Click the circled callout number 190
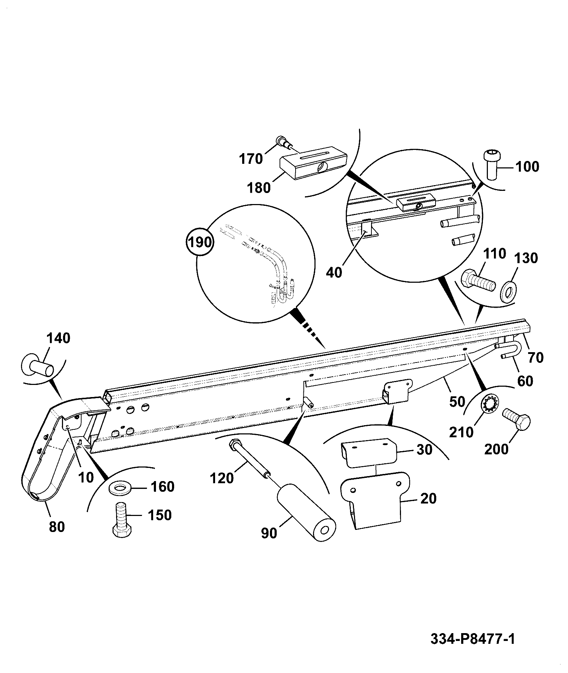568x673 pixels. [199, 242]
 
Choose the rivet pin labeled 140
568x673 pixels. [37, 366]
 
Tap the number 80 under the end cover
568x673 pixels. [57, 527]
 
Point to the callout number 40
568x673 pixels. [334, 272]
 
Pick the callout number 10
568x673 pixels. [85, 478]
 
